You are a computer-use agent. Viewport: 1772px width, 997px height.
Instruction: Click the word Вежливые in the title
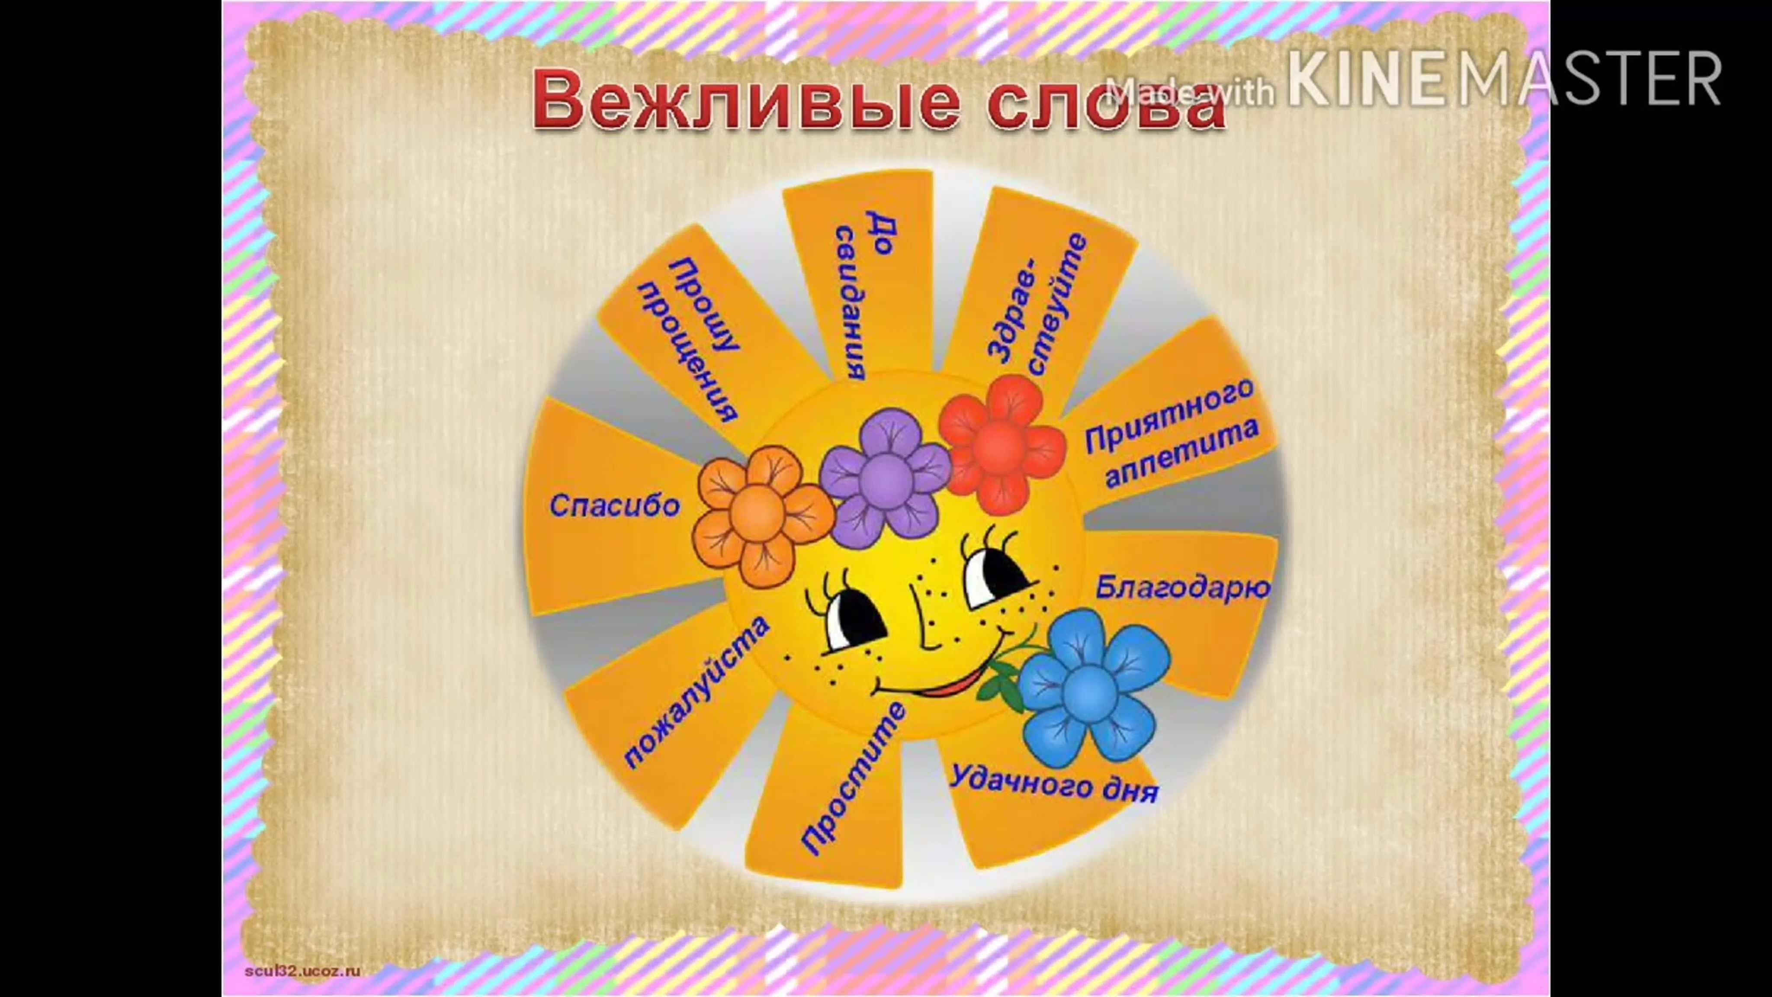tap(746, 100)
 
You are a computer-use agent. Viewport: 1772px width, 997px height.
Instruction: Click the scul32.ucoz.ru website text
tap(303, 971)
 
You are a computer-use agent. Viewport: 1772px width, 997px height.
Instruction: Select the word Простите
tap(853, 778)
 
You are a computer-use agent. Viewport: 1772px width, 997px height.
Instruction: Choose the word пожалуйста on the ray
tap(696, 691)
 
